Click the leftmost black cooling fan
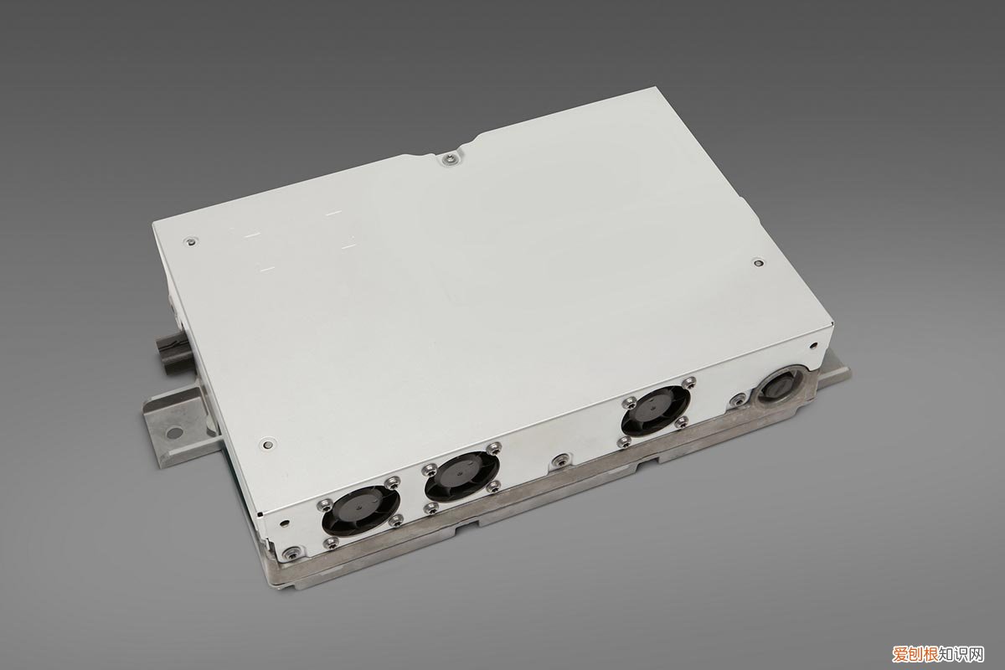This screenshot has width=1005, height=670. coord(361,513)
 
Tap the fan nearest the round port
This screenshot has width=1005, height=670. coord(656,410)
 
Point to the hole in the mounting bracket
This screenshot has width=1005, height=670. coord(173,433)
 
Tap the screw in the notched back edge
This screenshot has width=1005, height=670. coord(448,158)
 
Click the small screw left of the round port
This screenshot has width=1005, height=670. coord(737,398)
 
